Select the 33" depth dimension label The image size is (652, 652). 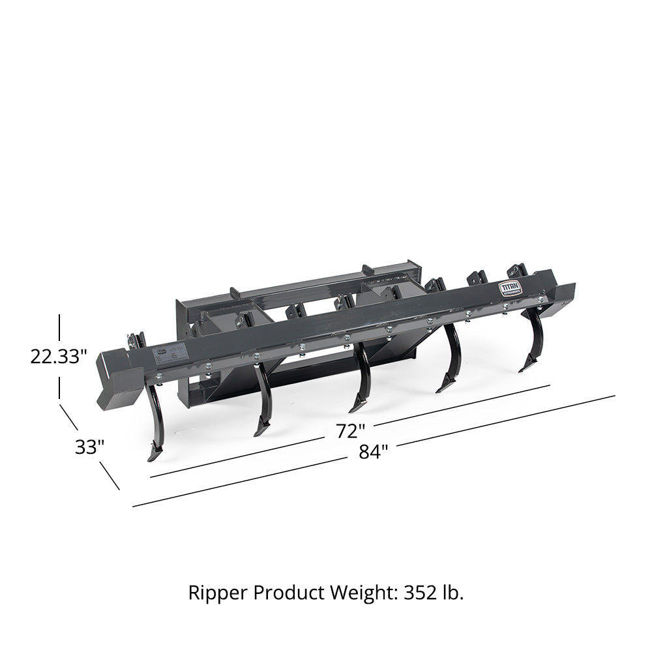tap(89, 448)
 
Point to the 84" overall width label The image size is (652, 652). tap(373, 451)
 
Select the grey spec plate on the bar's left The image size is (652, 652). tap(170, 352)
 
